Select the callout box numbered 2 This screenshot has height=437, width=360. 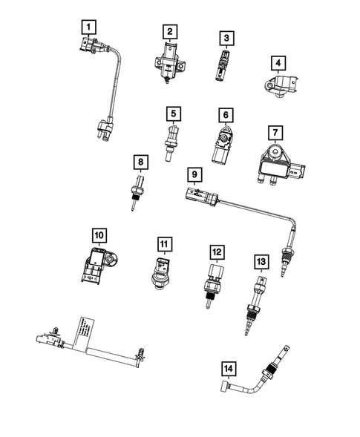click(x=170, y=31)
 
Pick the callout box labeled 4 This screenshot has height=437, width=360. click(x=276, y=63)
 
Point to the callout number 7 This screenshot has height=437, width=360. click(x=275, y=133)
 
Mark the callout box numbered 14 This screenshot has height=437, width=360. click(x=228, y=368)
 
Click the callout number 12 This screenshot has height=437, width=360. click(x=216, y=252)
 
